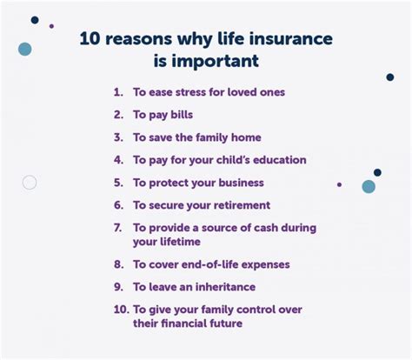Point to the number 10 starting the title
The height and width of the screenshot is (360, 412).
[90, 40]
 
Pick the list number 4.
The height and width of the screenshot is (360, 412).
[118, 160]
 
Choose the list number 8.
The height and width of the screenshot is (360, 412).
[118, 263]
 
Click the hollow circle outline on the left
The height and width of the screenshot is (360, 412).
[30, 183]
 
